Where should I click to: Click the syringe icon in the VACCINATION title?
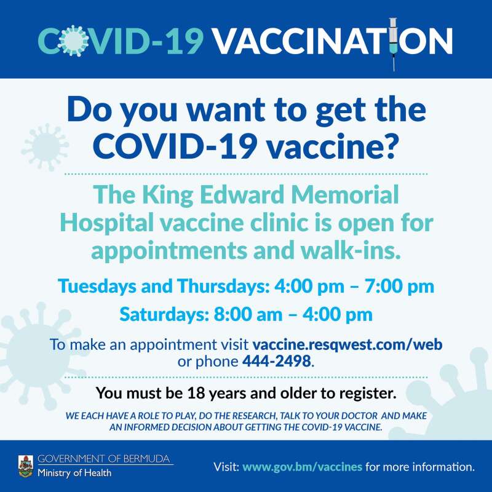pos(394,44)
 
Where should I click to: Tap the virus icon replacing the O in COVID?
pos(73,41)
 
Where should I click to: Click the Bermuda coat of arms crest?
pos(26,466)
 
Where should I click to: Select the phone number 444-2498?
pos(276,361)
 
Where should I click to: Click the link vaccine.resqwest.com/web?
pos(347,344)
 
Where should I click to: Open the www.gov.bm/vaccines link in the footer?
pos(303,467)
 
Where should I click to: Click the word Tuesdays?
pos(98,286)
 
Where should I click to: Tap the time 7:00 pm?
pos(399,287)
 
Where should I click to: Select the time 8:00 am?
pos(248,314)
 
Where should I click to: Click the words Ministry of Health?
pos(74,473)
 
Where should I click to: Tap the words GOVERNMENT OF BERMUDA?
pos(103,459)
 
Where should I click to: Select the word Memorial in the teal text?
pos(345,194)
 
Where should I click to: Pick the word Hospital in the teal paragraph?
pos(106,223)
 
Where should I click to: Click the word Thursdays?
pos(223,286)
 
